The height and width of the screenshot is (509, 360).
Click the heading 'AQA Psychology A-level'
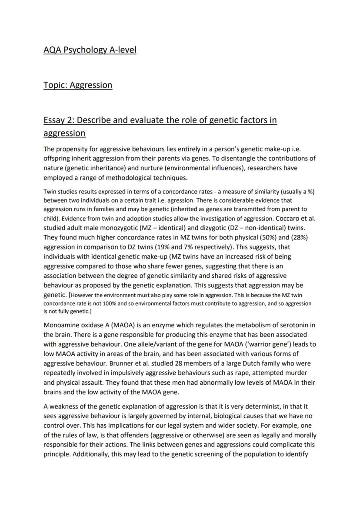click(x=90, y=50)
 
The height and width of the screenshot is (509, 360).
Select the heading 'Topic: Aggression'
click(x=78, y=85)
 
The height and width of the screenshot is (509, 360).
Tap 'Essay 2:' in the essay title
click(x=59, y=120)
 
